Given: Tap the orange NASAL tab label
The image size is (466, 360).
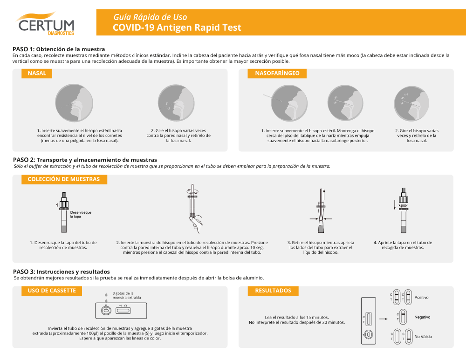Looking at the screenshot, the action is (37, 74).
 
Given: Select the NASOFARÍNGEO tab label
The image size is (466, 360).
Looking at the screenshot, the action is (277, 74).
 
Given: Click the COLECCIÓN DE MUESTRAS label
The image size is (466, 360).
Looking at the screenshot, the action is (64, 179).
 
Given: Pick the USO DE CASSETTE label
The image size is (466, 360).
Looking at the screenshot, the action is (52, 291).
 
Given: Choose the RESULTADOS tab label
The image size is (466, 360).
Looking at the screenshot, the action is (273, 291).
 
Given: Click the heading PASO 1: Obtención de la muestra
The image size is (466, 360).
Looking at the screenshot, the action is (59, 49).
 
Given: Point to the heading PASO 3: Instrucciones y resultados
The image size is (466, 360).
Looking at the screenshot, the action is (62, 272).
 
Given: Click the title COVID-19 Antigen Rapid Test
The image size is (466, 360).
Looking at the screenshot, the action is (177, 27).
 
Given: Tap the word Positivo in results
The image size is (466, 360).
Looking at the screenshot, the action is (421, 298).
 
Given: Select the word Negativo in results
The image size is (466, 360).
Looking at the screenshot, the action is (422, 317).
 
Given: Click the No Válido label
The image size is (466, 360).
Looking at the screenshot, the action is (423, 337).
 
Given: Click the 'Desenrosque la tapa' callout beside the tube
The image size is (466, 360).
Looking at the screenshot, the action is (81, 214).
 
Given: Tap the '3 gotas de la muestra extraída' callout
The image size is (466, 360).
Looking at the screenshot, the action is (127, 296).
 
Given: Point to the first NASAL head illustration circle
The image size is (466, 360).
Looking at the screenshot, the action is (74, 103).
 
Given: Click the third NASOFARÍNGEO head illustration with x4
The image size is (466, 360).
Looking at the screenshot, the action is (411, 104).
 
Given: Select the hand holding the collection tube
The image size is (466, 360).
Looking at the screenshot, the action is (196, 224).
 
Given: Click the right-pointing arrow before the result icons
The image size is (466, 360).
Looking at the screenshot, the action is (384, 319).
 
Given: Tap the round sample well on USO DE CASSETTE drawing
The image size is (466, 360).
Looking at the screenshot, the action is (106, 311).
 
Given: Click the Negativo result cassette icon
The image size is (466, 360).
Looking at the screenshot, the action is (403, 317).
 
